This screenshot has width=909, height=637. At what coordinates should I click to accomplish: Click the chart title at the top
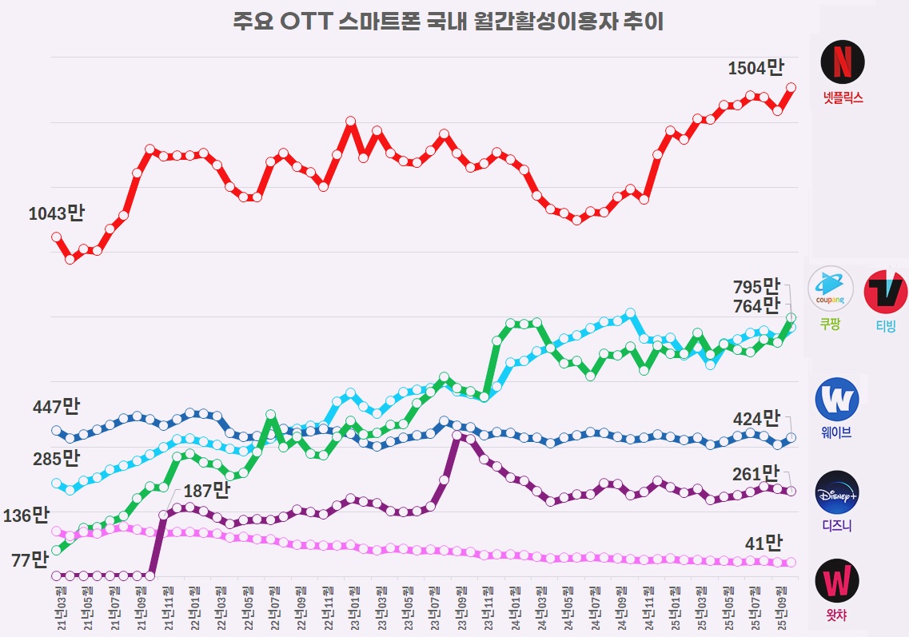tap(448, 22)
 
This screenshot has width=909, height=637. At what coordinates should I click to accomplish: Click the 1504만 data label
tap(756, 69)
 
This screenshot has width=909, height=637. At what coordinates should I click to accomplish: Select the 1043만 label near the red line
tap(56, 213)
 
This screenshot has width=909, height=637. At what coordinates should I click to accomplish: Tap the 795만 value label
tap(756, 286)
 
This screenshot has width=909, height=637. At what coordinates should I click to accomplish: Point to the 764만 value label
tap(756, 306)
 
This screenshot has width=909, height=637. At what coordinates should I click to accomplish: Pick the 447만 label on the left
tap(56, 407)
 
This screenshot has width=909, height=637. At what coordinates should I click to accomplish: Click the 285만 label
tap(56, 458)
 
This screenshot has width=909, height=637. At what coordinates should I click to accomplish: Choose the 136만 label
tap(26, 516)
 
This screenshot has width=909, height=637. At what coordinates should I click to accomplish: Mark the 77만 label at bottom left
tap(30, 559)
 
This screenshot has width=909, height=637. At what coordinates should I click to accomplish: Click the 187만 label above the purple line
tap(206, 489)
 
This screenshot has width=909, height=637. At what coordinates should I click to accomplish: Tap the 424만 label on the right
tap(756, 418)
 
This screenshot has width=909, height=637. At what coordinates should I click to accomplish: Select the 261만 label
tap(756, 474)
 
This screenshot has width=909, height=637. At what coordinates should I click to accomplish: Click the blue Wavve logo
tap(836, 399)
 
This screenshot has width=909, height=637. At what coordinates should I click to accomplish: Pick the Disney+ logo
tap(837, 492)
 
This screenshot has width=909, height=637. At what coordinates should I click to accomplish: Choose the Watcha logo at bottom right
tap(837, 583)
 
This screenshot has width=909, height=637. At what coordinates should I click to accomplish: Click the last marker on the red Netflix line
tap(791, 87)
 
